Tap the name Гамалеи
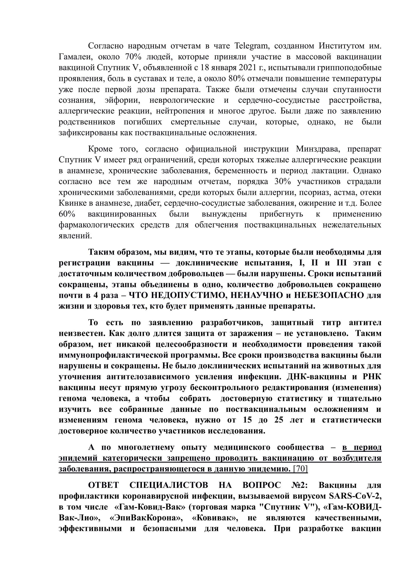tap(74, 57)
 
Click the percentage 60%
tap(67, 214)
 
